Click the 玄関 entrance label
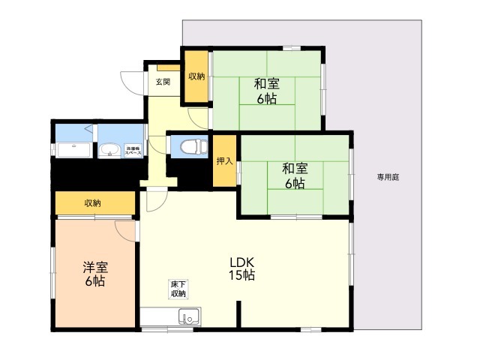[x=163, y=81]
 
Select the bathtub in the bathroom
[x=73, y=149]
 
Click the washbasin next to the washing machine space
[x=109, y=151]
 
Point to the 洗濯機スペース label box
[x=132, y=150]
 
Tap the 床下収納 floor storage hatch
[x=178, y=289]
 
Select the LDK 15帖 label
[x=242, y=268]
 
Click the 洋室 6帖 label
[x=94, y=274]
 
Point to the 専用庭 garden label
[x=388, y=177]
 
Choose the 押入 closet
[x=223, y=160]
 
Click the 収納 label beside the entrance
[x=196, y=76]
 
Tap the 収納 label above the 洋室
[x=93, y=203]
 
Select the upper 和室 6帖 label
[x=267, y=91]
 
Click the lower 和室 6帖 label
[x=295, y=175]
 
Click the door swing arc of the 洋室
[x=125, y=230]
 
